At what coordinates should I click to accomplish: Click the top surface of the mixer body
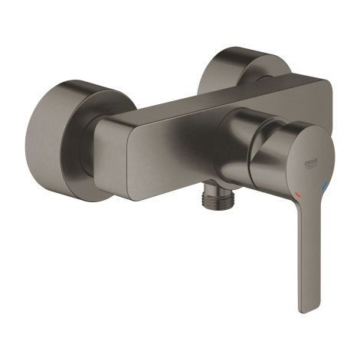tap(214, 96)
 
